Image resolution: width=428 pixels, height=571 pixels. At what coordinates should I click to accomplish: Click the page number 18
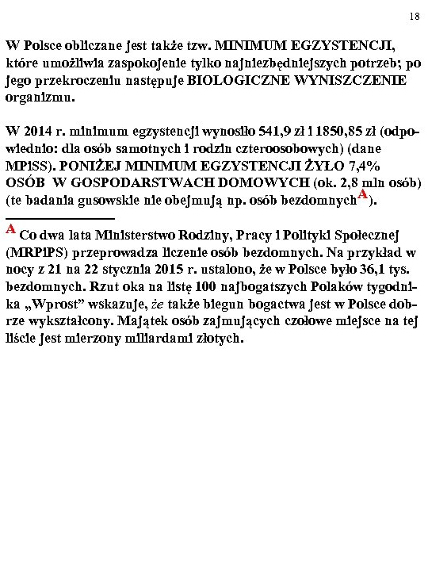coord(415,16)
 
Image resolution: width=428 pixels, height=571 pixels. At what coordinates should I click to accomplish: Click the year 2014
coord(40,130)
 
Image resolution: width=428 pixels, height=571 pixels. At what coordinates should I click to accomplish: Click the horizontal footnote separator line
coord(60,217)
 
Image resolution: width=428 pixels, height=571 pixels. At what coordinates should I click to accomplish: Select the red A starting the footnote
coord(11,230)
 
